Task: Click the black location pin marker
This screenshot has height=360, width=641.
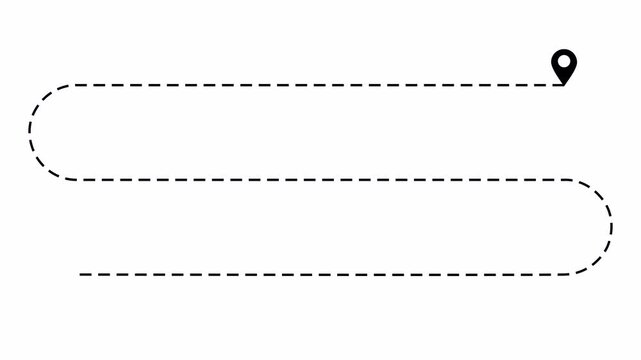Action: click(x=564, y=66)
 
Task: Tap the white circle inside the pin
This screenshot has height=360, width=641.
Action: click(x=564, y=62)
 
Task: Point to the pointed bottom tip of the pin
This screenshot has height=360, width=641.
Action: click(x=564, y=83)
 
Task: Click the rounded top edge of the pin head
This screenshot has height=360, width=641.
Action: click(x=564, y=51)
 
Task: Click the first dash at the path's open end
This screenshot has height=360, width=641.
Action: click(x=84, y=273)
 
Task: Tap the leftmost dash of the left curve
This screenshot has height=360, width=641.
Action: click(x=31, y=132)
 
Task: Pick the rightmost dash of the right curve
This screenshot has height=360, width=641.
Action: click(x=611, y=227)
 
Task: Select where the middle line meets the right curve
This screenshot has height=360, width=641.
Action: click(x=565, y=180)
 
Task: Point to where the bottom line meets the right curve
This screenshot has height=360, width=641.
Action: click(x=565, y=273)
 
